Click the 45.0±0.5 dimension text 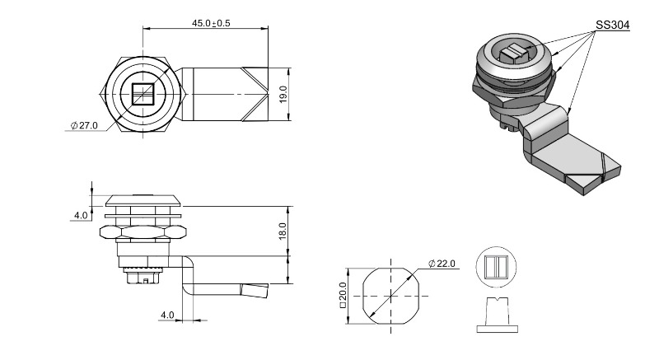pos(211,23)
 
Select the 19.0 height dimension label pos(283,94)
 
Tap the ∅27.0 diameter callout pos(84,125)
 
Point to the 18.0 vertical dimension pos(282,231)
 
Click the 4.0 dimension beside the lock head pos(81,216)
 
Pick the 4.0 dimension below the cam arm pos(167,315)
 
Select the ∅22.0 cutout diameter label pos(442,264)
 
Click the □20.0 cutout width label pos(343,295)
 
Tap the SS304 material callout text pos(612,26)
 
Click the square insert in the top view pos(143,94)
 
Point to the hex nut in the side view pos(143,232)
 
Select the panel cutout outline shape pos(391,296)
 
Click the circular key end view pos(497,267)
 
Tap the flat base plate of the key pos(498,329)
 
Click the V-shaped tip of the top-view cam pos(255,94)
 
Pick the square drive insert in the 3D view pos(514,53)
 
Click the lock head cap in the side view pos(143,200)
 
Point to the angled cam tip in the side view pos(255,291)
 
